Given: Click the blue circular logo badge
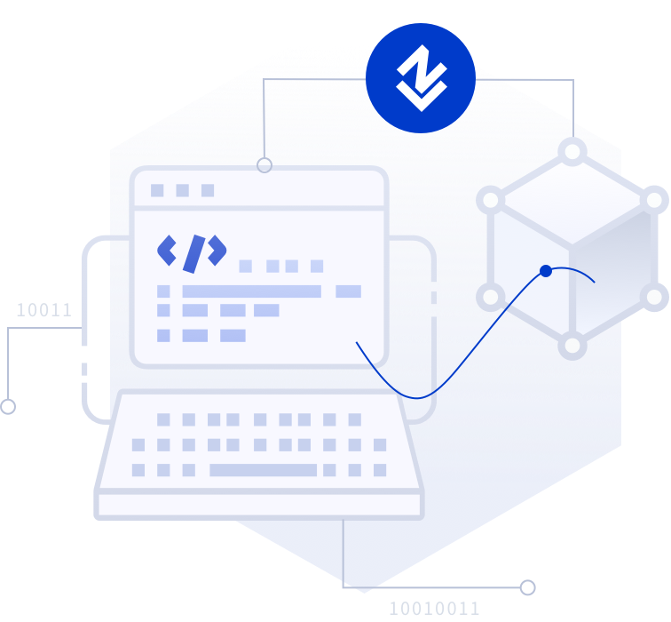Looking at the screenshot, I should point(421,78).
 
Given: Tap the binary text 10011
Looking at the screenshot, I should point(43,310).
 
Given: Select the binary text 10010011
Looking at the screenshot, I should point(434,609).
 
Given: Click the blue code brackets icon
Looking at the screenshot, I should point(192,252).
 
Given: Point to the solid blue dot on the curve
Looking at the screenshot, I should point(546,271).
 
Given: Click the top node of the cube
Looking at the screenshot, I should point(572,151).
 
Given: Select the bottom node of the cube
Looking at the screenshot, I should point(572,345).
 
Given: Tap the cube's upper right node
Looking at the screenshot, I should point(654,200).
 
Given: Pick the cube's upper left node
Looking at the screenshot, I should point(491,200).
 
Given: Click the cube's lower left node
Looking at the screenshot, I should point(491,296).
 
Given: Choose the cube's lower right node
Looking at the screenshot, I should point(654,296).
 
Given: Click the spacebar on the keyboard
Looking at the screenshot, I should point(263,470).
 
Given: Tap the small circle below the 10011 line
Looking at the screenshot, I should point(8,407).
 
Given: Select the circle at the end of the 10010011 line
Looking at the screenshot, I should point(528,587).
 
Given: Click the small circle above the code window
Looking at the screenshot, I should point(264,164).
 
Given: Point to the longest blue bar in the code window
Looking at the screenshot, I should point(251,291).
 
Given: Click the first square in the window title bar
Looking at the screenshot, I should point(157,190).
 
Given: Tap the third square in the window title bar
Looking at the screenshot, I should point(208,190).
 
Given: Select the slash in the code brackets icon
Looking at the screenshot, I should point(193,253).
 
